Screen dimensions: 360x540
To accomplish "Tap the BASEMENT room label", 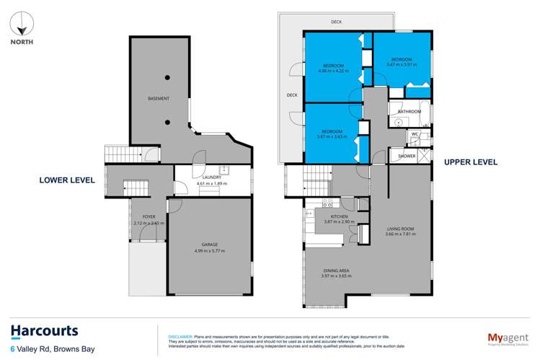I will (x=159, y=98).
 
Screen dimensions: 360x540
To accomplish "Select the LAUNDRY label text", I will (x=211, y=177).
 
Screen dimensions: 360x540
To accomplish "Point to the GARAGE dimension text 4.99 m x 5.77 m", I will (x=209, y=250).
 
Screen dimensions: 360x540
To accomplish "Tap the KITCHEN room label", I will (x=340, y=216).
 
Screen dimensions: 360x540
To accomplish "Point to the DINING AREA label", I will (x=338, y=271).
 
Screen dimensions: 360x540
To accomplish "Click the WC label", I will (x=415, y=134).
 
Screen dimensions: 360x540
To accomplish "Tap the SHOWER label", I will (x=407, y=155).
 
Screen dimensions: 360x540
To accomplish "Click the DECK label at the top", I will (x=336, y=22).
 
